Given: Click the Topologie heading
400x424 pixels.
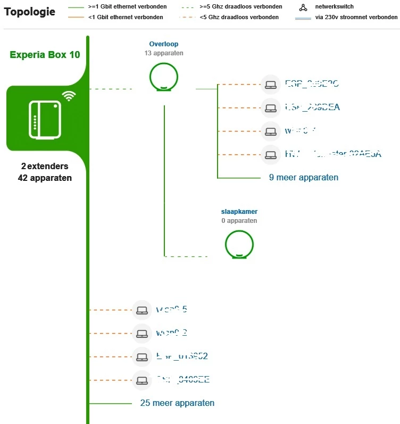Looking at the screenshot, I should tap(29, 12).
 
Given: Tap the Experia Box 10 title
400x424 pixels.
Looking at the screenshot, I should tap(45, 55).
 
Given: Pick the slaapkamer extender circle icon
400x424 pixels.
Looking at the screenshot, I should tap(239, 244).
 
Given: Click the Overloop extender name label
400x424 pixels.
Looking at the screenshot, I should tap(164, 44).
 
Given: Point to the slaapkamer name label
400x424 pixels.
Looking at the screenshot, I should tap(239, 212).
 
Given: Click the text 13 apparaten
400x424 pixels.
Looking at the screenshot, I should tap(164, 53).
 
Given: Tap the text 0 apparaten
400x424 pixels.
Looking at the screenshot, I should tap(239, 220).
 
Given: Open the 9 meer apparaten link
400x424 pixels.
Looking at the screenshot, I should tap(304, 178).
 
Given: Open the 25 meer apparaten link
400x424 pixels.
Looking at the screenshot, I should tap(177, 403).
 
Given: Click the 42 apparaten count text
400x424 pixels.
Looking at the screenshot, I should tap(45, 178).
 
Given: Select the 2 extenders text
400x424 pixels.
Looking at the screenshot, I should tap(45, 167).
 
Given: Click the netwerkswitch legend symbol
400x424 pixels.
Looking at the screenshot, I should tap(303, 7).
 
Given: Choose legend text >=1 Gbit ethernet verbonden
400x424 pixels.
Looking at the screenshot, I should tap(127, 7).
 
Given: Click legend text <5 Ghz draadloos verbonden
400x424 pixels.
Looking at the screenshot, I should tap(239, 17).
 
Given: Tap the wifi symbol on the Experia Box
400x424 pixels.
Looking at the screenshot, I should tap(68, 96).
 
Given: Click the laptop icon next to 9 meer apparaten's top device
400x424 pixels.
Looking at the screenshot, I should tap(271, 84).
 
